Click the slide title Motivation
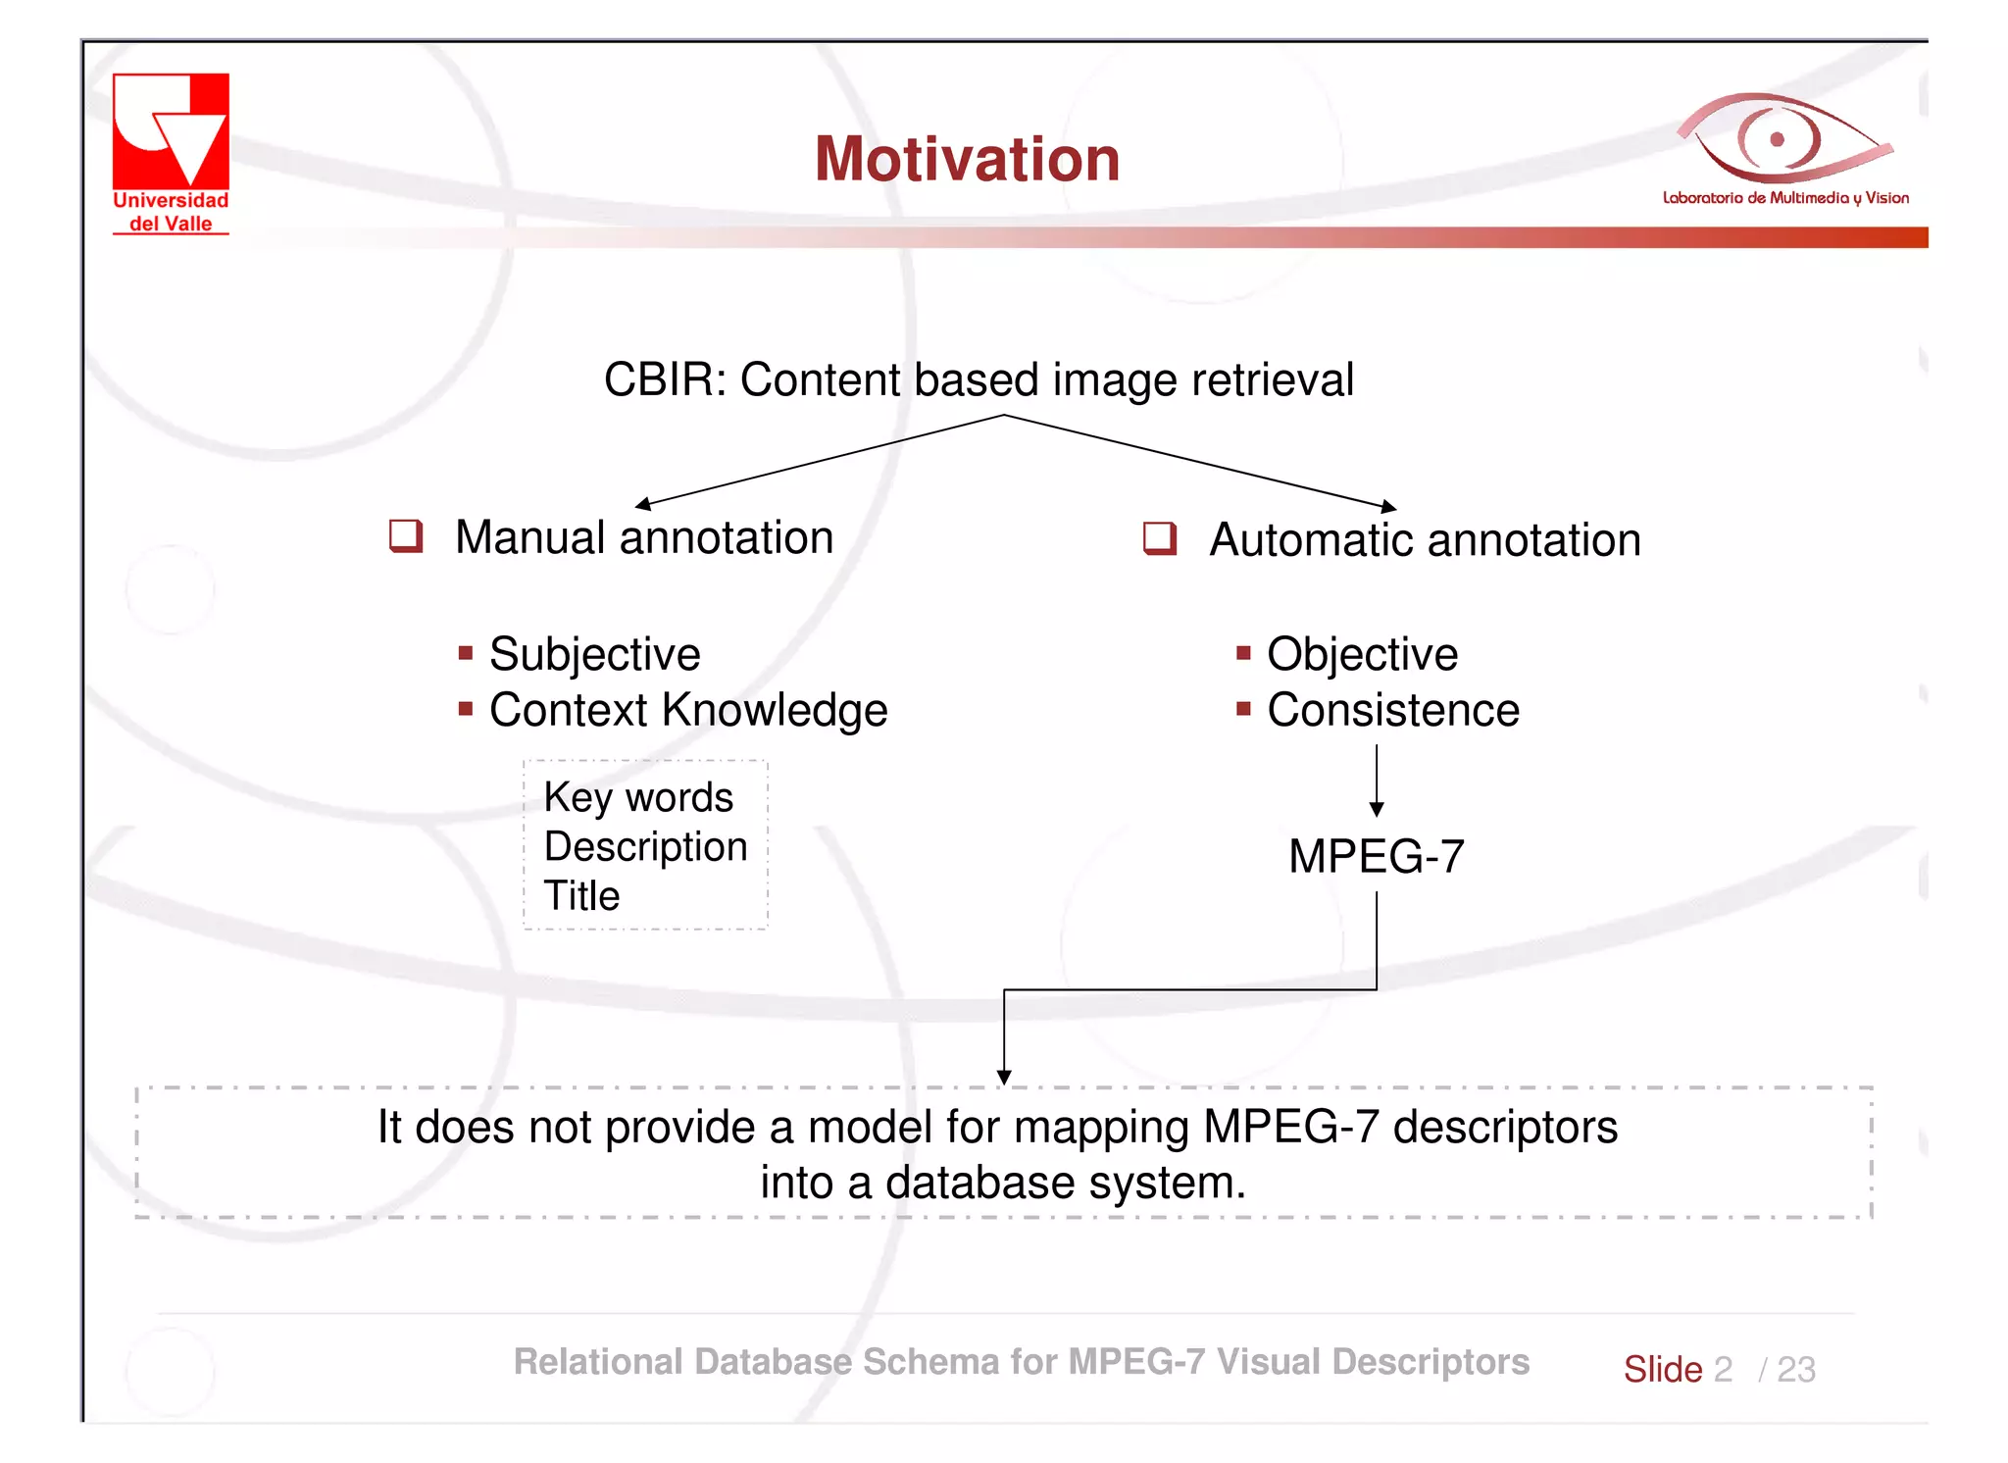click(x=967, y=159)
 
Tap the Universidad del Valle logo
click(x=171, y=152)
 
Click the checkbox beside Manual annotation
click(x=405, y=536)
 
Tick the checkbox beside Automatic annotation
click(x=1159, y=538)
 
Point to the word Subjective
click(x=594, y=654)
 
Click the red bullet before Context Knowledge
click(x=466, y=708)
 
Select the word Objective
click(x=1361, y=654)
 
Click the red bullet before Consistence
click(x=1243, y=708)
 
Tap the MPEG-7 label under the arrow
click(x=1376, y=856)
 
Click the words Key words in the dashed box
click(x=638, y=797)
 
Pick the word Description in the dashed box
click(x=645, y=846)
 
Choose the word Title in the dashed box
click(x=581, y=895)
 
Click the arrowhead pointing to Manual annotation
click(x=643, y=504)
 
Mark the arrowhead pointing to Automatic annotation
click(x=1388, y=507)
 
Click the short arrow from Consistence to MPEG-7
click(x=1377, y=781)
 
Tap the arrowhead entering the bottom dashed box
click(x=1004, y=1077)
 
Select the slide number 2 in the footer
click(x=1723, y=1369)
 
